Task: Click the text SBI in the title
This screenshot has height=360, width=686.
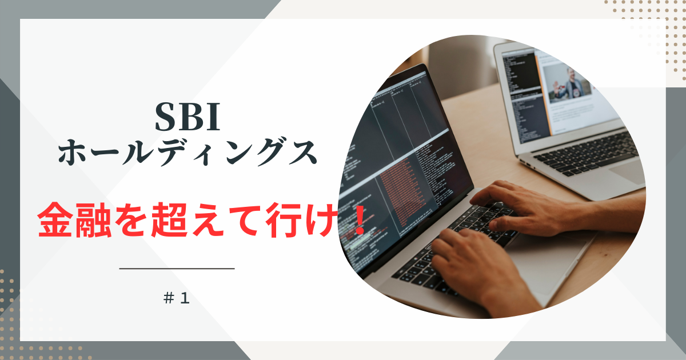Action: coord(188,117)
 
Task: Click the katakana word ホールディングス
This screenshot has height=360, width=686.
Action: coord(188,152)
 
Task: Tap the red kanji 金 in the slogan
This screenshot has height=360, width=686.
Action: coord(55,219)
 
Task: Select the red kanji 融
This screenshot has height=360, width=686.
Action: coord(93,220)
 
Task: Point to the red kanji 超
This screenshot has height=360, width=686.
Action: coord(170,220)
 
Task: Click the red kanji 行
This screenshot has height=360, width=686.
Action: coord(284,220)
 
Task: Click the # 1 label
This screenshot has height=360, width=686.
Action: coord(177,298)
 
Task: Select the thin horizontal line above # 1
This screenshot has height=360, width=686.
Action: coord(177,269)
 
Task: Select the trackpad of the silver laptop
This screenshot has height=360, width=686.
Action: coord(628,172)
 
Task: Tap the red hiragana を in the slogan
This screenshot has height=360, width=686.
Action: coord(131,220)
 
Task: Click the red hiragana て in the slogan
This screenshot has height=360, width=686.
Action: coord(246,221)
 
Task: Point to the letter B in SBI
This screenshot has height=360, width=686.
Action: coord(188,117)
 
